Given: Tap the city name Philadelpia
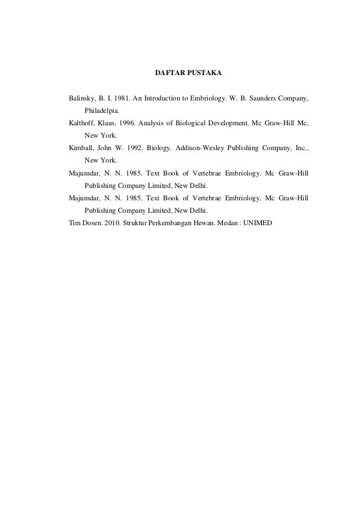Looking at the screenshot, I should tap(102, 111).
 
